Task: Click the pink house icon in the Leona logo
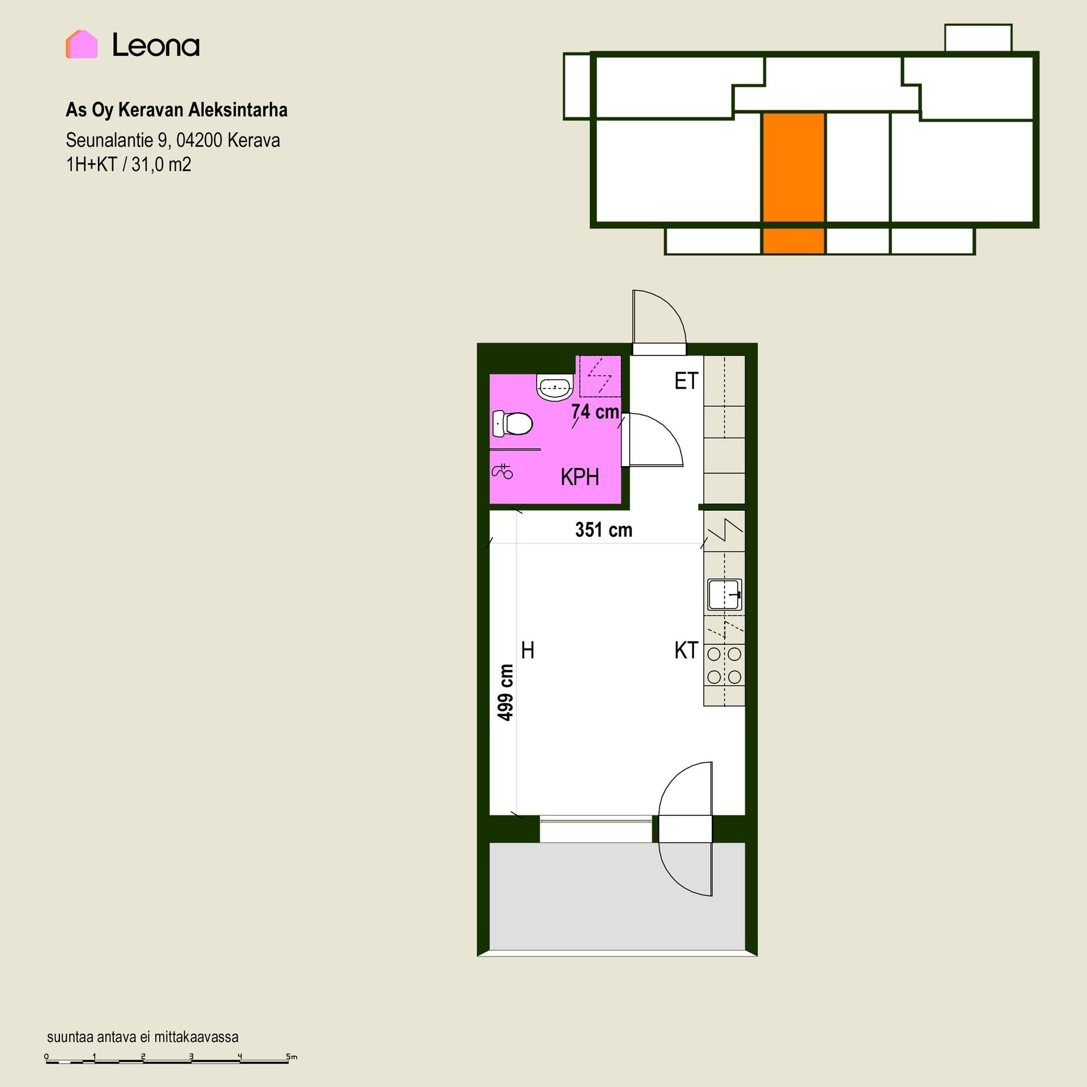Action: pyautogui.click(x=82, y=44)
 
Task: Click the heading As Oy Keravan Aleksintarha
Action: pyautogui.click(x=177, y=110)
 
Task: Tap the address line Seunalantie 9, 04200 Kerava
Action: pyautogui.click(x=173, y=140)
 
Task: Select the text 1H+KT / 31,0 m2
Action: pyautogui.click(x=129, y=164)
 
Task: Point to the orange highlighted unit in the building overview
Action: pyautogui.click(x=793, y=182)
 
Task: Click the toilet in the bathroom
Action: pyautogui.click(x=512, y=423)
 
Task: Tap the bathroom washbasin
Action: pyautogui.click(x=554, y=388)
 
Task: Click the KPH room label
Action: pyautogui.click(x=580, y=477)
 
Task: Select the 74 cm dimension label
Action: pyautogui.click(x=595, y=412)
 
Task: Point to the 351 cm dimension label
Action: pyautogui.click(x=604, y=529)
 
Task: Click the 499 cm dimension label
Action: pyautogui.click(x=506, y=692)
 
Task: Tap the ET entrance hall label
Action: pyautogui.click(x=686, y=381)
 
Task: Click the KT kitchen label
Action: pyautogui.click(x=686, y=651)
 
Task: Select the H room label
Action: pyautogui.click(x=528, y=651)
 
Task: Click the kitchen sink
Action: pyautogui.click(x=725, y=594)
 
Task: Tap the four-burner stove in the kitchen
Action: pyautogui.click(x=724, y=666)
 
